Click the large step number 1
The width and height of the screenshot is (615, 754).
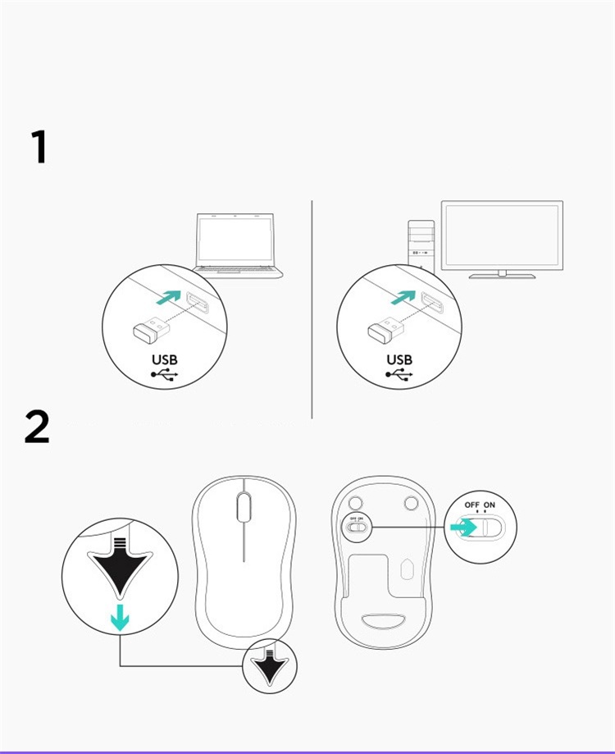(x=39, y=147)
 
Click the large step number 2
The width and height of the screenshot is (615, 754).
(x=37, y=426)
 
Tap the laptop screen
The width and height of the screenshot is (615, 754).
(x=235, y=239)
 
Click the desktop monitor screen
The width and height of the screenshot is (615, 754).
(x=502, y=235)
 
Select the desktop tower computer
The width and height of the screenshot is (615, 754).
(x=421, y=244)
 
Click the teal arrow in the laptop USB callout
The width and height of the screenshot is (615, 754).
(x=169, y=297)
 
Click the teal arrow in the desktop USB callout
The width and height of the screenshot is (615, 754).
(x=403, y=297)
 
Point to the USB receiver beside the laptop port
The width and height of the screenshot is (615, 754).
(x=152, y=329)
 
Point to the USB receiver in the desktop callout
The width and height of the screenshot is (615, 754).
(x=386, y=329)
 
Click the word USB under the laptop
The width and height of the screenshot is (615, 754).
(x=165, y=359)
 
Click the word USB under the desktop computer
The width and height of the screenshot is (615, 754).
(x=399, y=359)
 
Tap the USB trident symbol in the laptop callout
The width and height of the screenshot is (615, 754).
(x=164, y=375)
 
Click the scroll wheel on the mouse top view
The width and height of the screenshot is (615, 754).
(x=244, y=507)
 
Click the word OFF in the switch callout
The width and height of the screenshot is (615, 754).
(x=471, y=505)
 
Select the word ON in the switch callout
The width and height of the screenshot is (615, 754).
(x=489, y=505)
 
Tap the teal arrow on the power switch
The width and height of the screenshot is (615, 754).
(x=463, y=528)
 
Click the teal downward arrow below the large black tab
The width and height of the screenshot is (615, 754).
(x=120, y=618)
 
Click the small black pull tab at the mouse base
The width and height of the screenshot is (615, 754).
(x=270, y=666)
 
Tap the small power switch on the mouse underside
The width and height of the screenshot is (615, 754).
(x=357, y=527)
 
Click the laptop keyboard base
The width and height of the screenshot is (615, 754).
(x=238, y=272)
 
